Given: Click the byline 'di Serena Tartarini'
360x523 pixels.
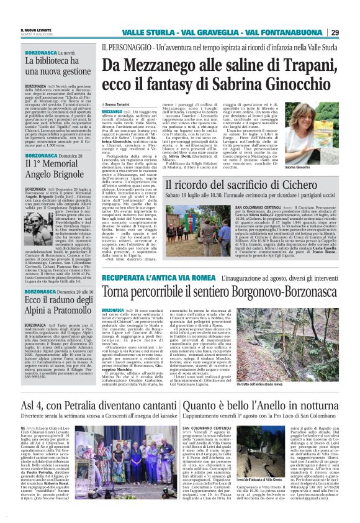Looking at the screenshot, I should point(120,106).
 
